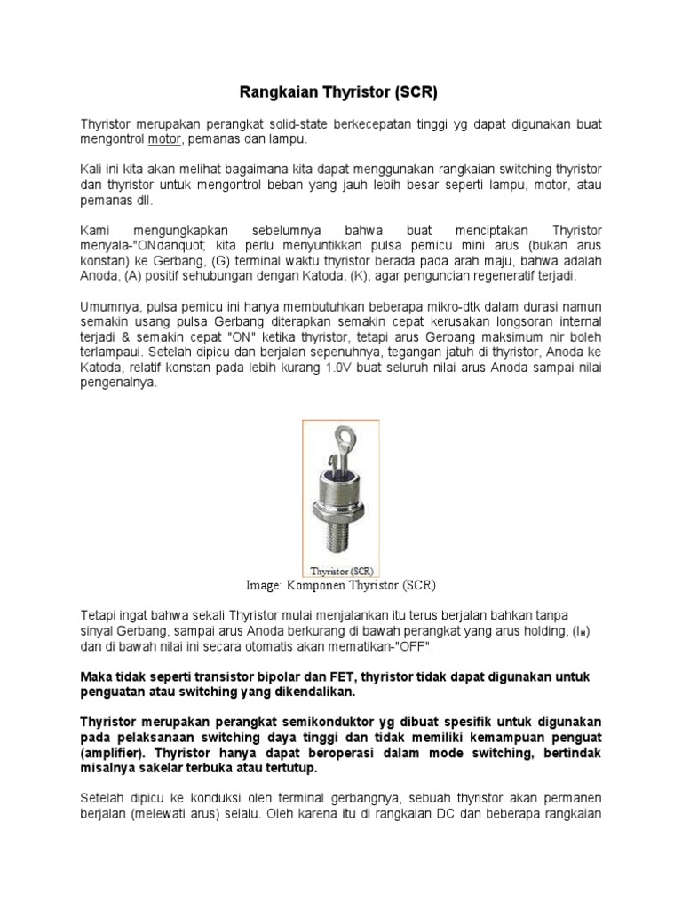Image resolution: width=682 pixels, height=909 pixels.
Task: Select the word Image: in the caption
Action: pyautogui.click(x=264, y=586)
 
